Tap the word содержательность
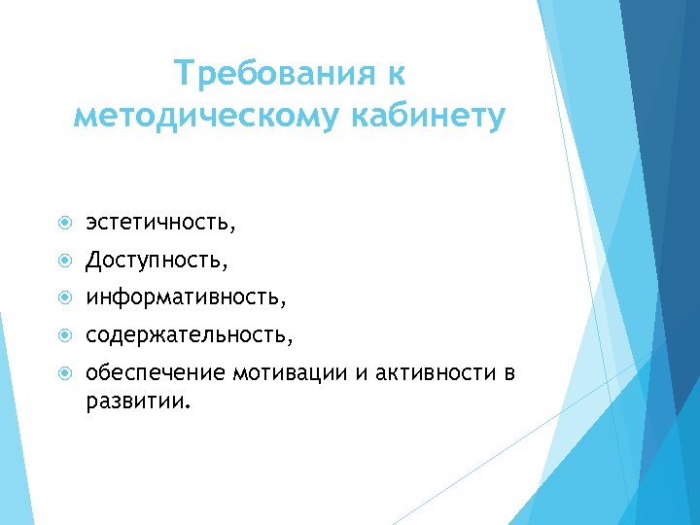pyautogui.click(x=188, y=334)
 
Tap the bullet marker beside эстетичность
pyautogui.click(x=63, y=225)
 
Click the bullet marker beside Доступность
pyautogui.click(x=63, y=262)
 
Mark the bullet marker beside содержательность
pyautogui.click(x=63, y=335)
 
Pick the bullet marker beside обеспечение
pyautogui.click(x=63, y=373)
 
